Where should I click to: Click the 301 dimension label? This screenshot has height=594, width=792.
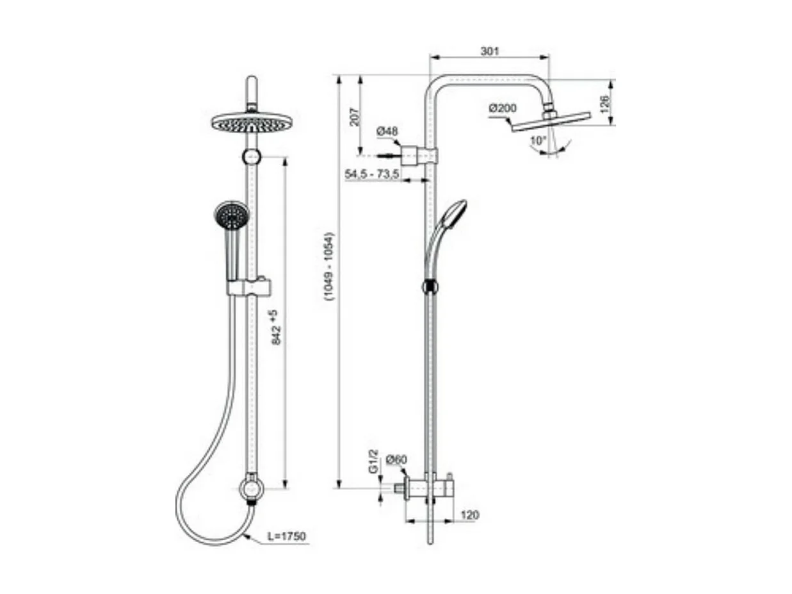(x=489, y=51)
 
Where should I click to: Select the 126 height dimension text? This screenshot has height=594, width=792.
(x=604, y=103)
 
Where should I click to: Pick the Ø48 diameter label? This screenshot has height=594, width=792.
(x=387, y=132)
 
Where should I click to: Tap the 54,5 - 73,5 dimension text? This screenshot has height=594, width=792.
(x=372, y=174)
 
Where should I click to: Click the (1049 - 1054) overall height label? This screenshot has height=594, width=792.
(x=329, y=266)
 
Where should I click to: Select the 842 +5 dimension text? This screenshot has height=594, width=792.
(x=276, y=328)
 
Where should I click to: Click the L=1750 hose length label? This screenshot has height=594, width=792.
(x=286, y=536)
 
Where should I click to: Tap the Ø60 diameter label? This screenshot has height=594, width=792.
(x=396, y=459)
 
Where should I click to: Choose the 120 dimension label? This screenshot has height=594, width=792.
(x=469, y=515)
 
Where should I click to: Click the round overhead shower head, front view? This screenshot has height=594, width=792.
(x=252, y=122)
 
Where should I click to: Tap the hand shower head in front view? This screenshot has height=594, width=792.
(x=231, y=216)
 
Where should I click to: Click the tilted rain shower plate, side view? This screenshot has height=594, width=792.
(x=551, y=122)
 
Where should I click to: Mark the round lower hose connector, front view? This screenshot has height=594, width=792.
(x=252, y=489)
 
